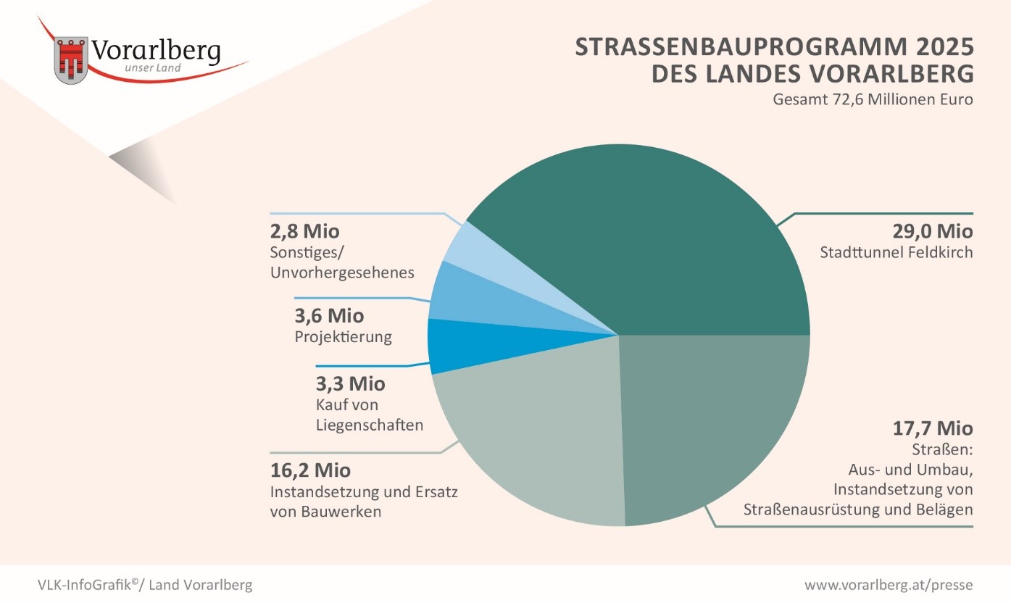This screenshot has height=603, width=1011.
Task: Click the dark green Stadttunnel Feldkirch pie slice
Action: tap(652, 239)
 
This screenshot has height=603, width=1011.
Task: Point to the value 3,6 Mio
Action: tap(330, 316)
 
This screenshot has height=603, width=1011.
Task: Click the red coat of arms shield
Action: tap(71, 59)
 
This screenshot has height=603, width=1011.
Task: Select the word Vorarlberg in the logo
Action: tap(156, 51)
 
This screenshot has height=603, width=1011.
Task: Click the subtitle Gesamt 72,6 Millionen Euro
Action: tap(873, 99)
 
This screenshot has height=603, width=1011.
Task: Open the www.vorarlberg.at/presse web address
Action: tap(889, 585)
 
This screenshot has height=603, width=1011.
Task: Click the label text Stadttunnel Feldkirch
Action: tap(896, 253)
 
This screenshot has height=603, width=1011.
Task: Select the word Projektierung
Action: tap(344, 337)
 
